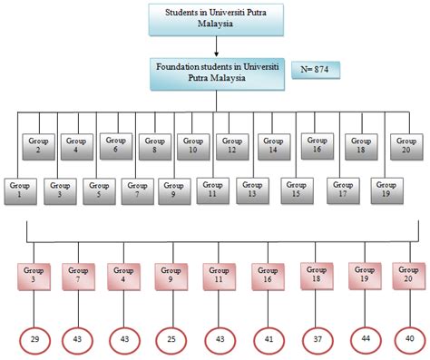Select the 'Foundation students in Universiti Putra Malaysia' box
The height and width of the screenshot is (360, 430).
coord(215,72)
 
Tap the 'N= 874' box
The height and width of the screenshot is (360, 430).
coord(320,69)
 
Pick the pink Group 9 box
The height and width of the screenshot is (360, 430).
coord(170,275)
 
